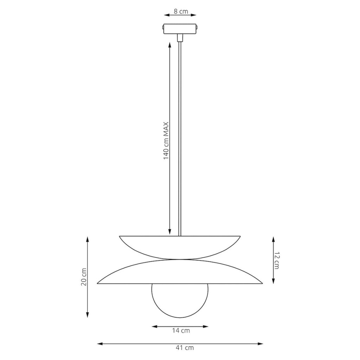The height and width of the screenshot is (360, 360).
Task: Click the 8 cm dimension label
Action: tap(181, 11)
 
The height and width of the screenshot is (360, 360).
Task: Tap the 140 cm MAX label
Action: tap(166, 141)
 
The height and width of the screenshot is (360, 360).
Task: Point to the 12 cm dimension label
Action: tap(276, 261)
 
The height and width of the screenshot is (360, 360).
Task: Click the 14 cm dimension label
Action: tap(181, 330)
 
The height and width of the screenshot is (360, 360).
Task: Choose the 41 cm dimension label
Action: tap(185, 348)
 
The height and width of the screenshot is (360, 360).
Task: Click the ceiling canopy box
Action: tap(180, 29)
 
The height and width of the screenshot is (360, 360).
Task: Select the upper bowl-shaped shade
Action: tap(180, 247)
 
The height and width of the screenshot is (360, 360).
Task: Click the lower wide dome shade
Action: tap(180, 272)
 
